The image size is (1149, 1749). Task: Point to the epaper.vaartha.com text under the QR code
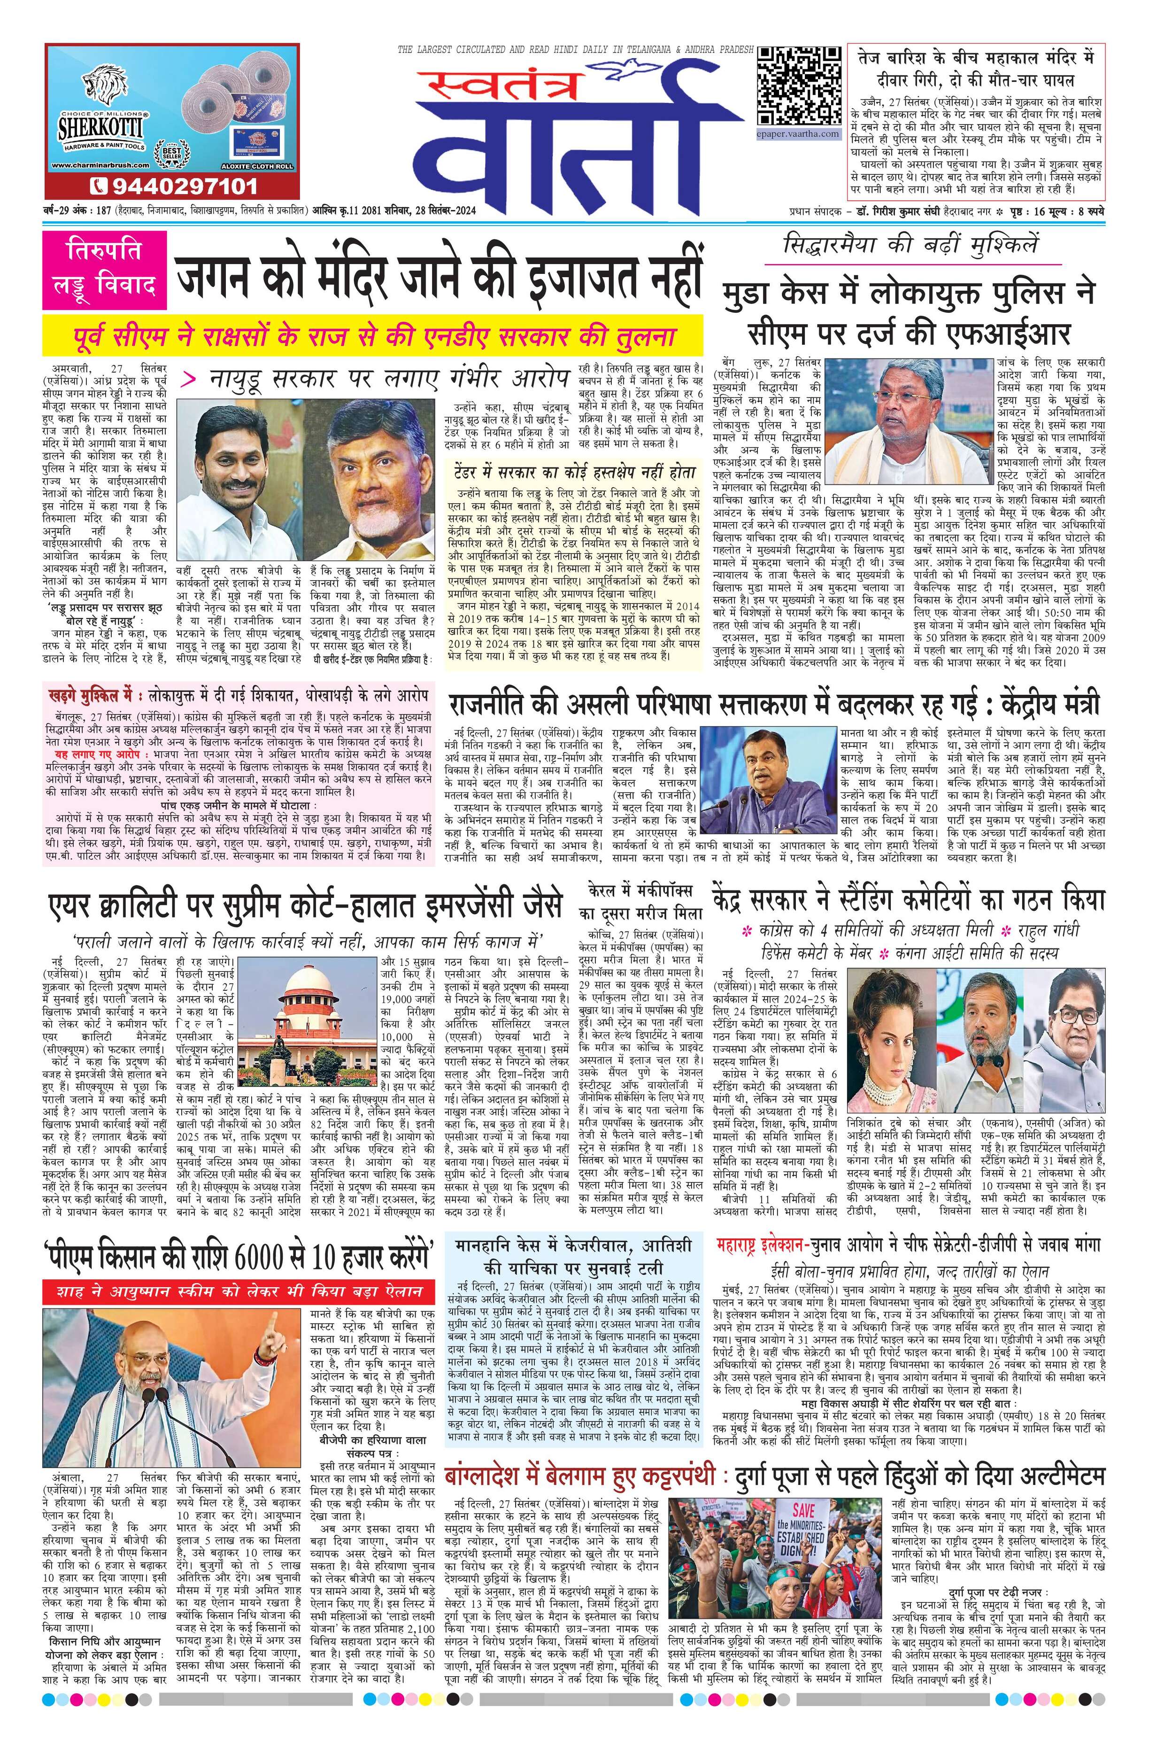(x=797, y=134)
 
